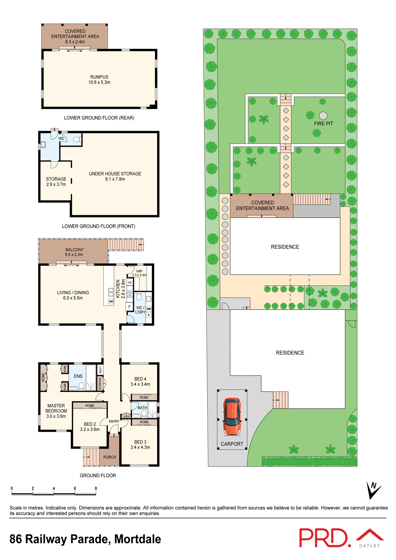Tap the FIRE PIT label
coord(323,124)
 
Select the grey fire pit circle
coord(323,116)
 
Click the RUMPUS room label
coord(99,80)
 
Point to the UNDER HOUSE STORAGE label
coord(115,176)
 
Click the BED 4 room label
coord(140,381)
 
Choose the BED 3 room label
coord(140,444)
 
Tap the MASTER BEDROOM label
coord(56,411)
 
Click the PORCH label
coord(110,457)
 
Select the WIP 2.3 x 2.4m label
coord(139,273)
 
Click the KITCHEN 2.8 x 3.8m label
coord(121,289)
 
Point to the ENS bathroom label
coord(78,376)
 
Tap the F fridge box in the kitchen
coord(129,307)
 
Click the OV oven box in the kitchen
coord(130,282)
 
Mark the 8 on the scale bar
coord(96,488)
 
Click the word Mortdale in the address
coord(137,539)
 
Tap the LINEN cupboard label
coord(126,416)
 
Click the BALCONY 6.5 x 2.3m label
coord(74,252)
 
